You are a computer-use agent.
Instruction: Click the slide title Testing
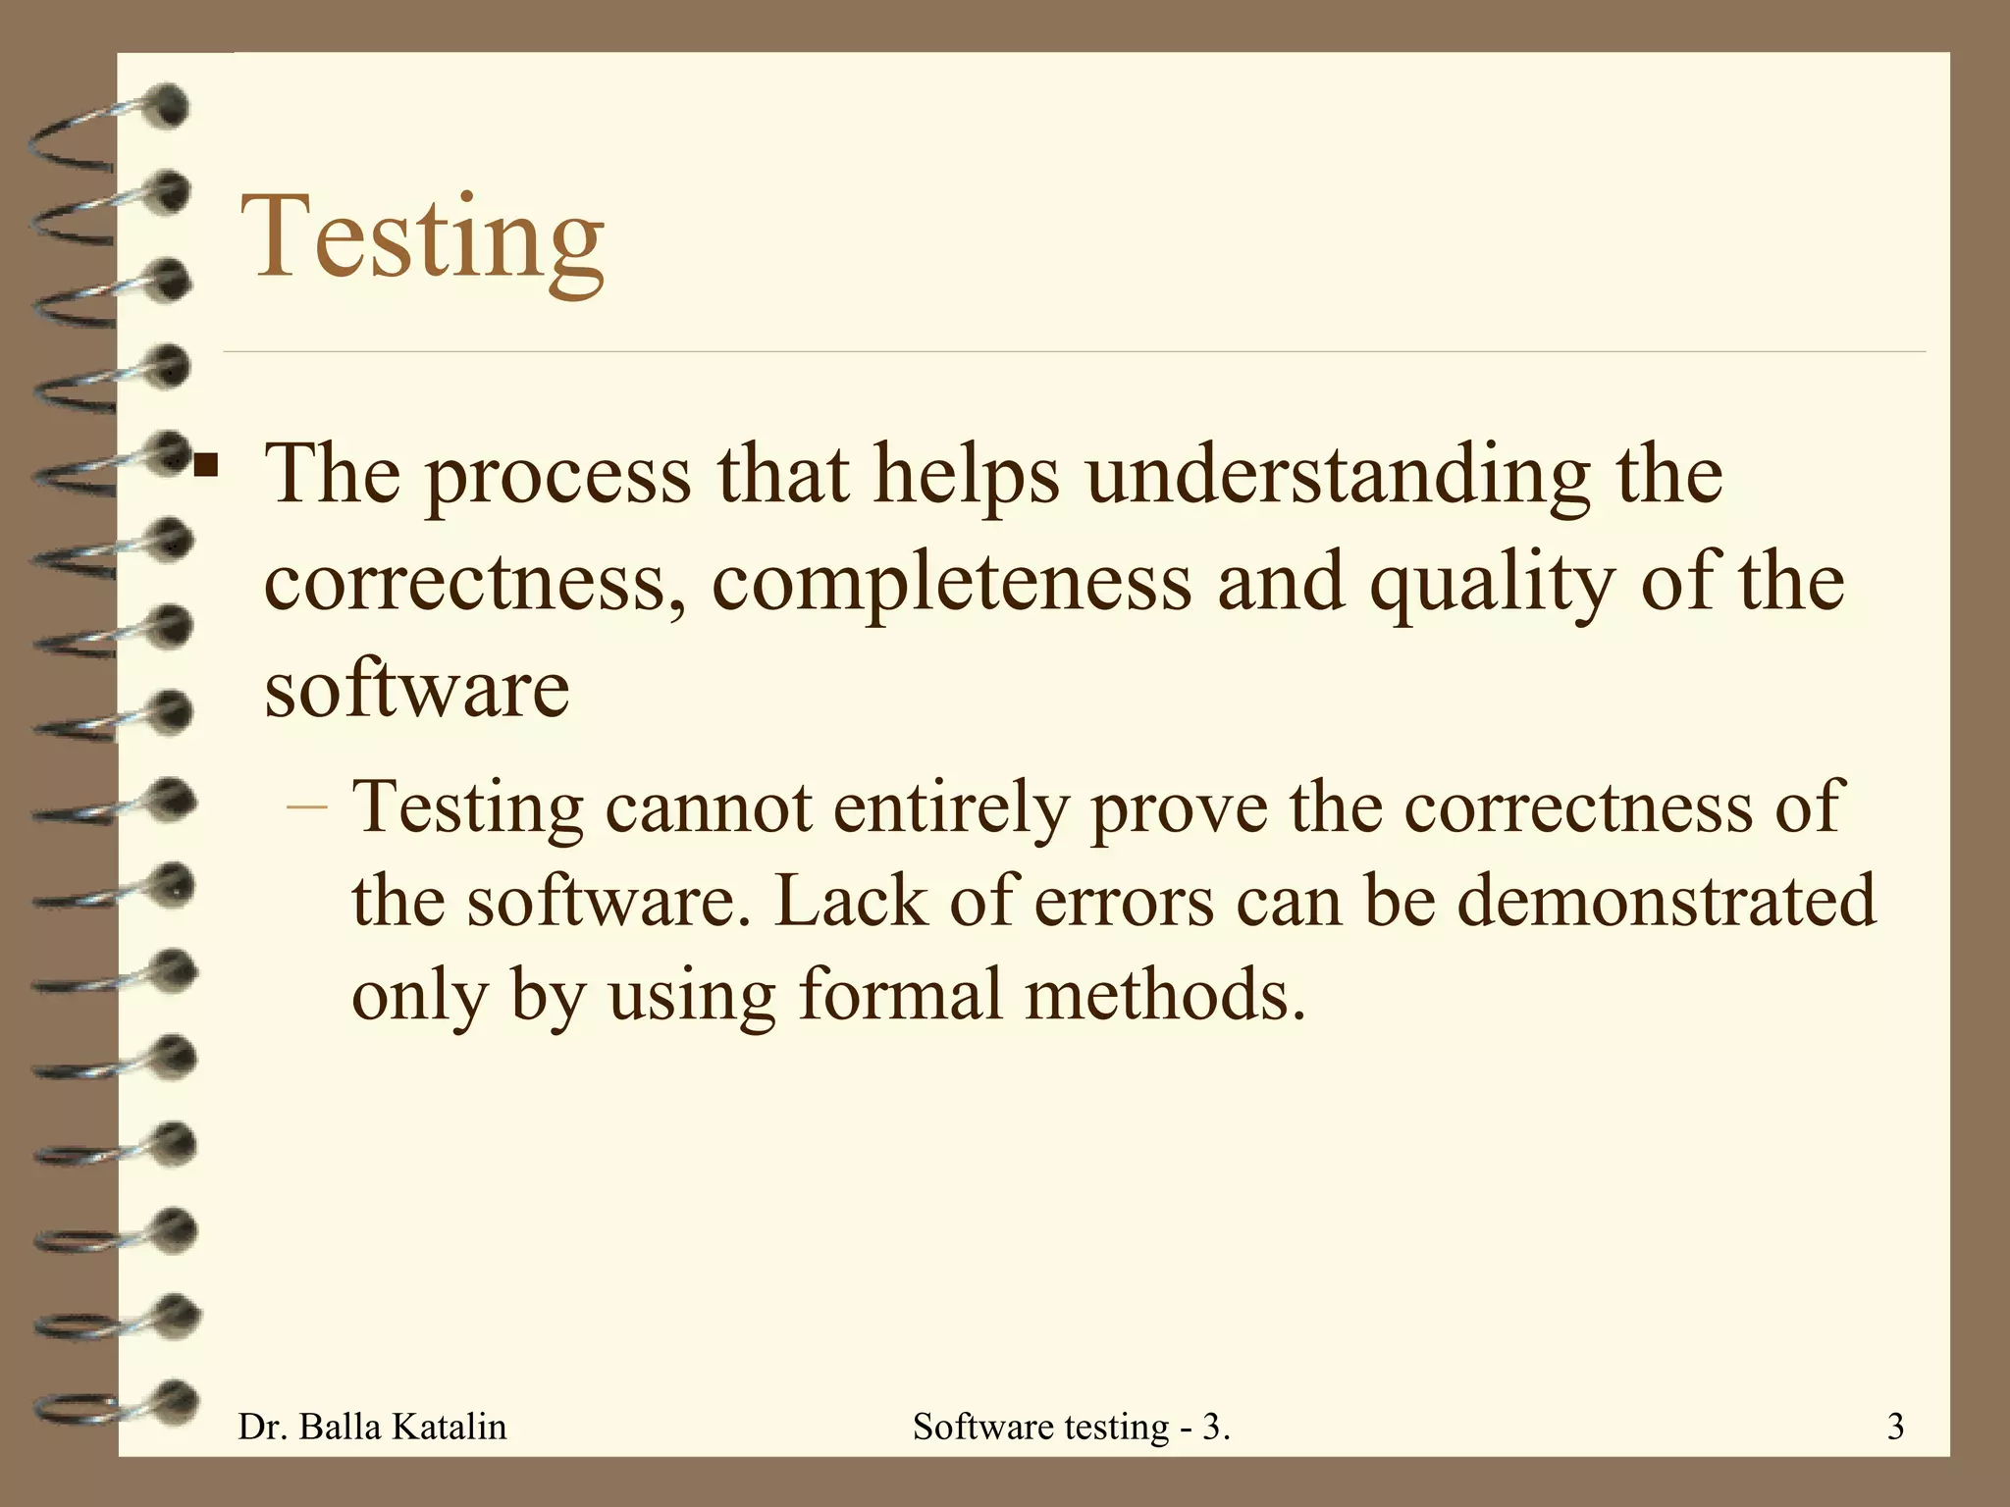424,238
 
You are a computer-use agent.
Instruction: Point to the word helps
966,475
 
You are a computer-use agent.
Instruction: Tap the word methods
1166,993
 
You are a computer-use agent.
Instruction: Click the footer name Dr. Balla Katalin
373,1427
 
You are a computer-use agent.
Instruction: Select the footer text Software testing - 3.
1071,1427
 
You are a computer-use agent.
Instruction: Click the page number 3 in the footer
1895,1427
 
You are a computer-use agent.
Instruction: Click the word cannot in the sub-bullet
708,807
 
